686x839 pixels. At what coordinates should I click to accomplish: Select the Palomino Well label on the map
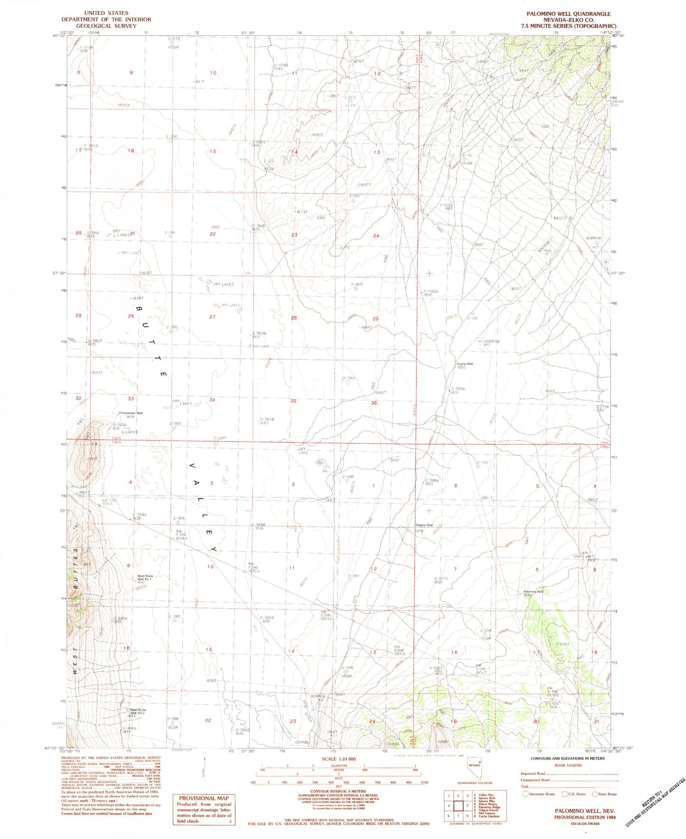tap(533, 592)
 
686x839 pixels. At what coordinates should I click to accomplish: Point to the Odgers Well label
tap(424, 525)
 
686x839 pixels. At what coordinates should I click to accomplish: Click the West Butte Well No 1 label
tap(145, 578)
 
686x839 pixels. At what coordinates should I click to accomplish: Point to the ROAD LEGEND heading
tap(568, 765)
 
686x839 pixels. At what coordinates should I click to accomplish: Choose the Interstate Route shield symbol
tap(525, 794)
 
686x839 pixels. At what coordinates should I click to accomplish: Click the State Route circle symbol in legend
tap(595, 794)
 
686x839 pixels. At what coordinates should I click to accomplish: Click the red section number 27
tap(212, 317)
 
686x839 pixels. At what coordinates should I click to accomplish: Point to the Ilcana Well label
tap(465, 364)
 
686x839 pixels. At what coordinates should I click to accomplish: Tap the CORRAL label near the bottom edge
tap(302, 742)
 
